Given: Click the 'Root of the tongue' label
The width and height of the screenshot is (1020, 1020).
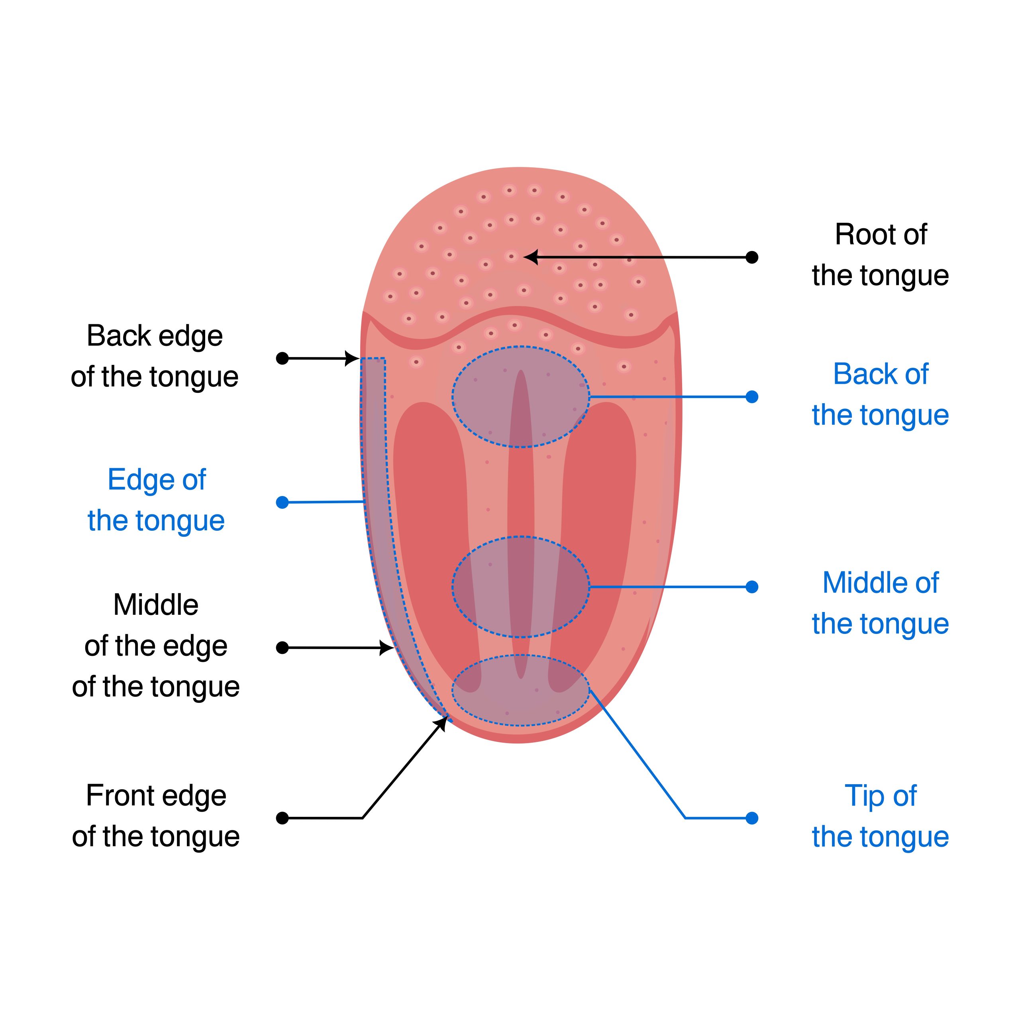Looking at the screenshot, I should (880, 255).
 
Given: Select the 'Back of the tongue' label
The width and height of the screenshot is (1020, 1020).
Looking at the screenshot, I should (880, 394).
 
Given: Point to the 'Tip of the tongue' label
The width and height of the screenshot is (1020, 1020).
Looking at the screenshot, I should (880, 816).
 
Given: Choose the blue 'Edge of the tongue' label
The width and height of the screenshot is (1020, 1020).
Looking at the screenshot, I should (156, 500).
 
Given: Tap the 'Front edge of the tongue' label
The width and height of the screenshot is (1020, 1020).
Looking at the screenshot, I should (156, 816).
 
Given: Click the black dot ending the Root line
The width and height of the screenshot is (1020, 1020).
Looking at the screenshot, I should (752, 258).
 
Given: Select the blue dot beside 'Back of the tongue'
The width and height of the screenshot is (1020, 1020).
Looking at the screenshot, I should (752, 397).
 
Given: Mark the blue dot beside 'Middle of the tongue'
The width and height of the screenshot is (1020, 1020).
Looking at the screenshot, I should (752, 586).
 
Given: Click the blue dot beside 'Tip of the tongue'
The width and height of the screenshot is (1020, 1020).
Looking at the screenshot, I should (752, 818).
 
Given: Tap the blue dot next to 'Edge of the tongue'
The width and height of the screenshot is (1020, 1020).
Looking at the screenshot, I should (282, 502).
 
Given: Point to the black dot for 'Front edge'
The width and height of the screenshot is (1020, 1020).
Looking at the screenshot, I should (282, 818).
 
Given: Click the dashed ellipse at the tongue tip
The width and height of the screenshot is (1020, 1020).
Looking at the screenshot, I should (521, 690).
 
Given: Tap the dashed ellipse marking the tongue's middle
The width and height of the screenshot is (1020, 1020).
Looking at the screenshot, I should (521, 586).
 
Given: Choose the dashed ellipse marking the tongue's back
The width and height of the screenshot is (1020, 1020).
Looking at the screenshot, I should (521, 397).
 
